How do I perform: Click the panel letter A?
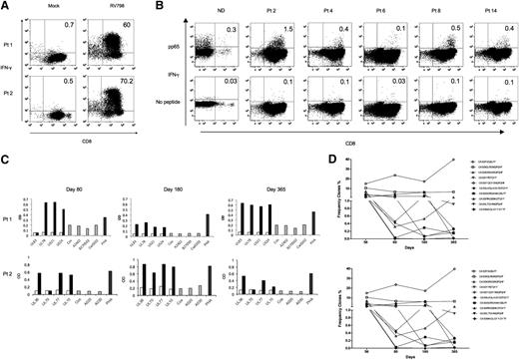pyautogui.click(x=6, y=7)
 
